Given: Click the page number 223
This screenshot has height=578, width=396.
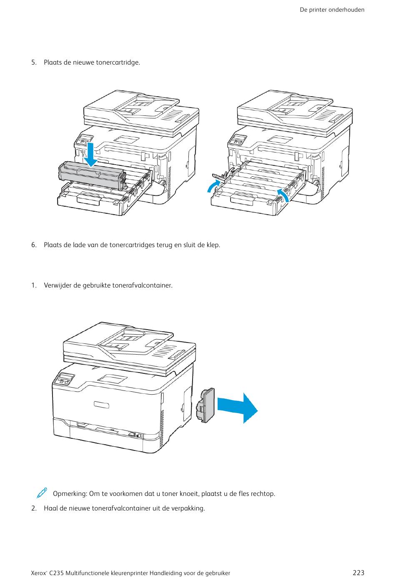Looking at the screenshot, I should pos(358,573).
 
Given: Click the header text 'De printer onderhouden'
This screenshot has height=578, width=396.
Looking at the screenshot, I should pos(332,10).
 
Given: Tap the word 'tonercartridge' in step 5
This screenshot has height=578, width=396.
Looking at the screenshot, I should pos(118,63).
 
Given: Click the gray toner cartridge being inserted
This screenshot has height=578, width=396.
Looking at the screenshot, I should pos(92,175).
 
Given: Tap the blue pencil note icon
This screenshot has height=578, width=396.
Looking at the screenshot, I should pos(42,493).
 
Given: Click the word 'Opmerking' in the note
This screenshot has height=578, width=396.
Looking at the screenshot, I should pos(69,494).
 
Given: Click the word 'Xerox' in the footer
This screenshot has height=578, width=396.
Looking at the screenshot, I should pos(39,573).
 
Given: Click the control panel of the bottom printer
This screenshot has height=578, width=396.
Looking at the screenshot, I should pos(64,380).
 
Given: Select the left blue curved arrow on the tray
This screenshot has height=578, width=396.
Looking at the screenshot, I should pos(213,186).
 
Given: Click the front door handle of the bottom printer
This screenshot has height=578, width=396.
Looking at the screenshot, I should pos(101,405).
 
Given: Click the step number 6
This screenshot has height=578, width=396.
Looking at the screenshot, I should pos(34,245).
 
